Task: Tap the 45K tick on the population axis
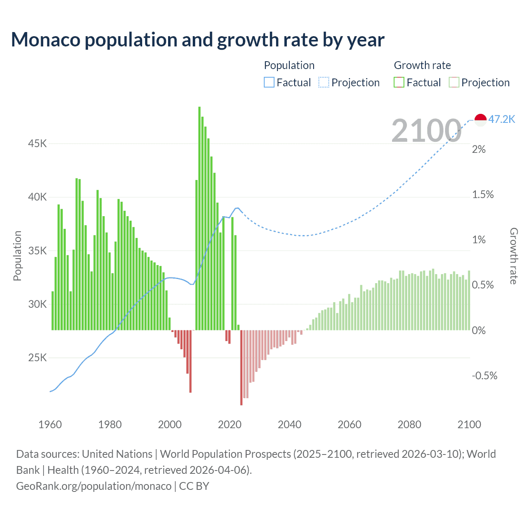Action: point(37,143)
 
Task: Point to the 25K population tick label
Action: point(37,358)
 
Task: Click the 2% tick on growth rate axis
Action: point(479,149)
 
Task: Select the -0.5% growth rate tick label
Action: point(484,376)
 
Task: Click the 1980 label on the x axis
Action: point(110,424)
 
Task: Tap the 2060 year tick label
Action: point(349,424)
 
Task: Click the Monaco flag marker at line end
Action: point(480,120)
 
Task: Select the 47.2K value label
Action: point(502,119)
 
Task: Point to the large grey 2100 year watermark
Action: point(426,131)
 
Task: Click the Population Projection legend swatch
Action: point(324,83)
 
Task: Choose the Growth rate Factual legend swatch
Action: point(399,83)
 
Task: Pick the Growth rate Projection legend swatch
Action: point(454,83)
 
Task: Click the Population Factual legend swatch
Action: point(269,83)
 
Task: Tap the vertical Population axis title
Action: point(17,256)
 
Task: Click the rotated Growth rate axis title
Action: point(514,256)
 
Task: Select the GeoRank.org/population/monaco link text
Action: point(94,486)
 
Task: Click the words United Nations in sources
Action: point(117,454)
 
